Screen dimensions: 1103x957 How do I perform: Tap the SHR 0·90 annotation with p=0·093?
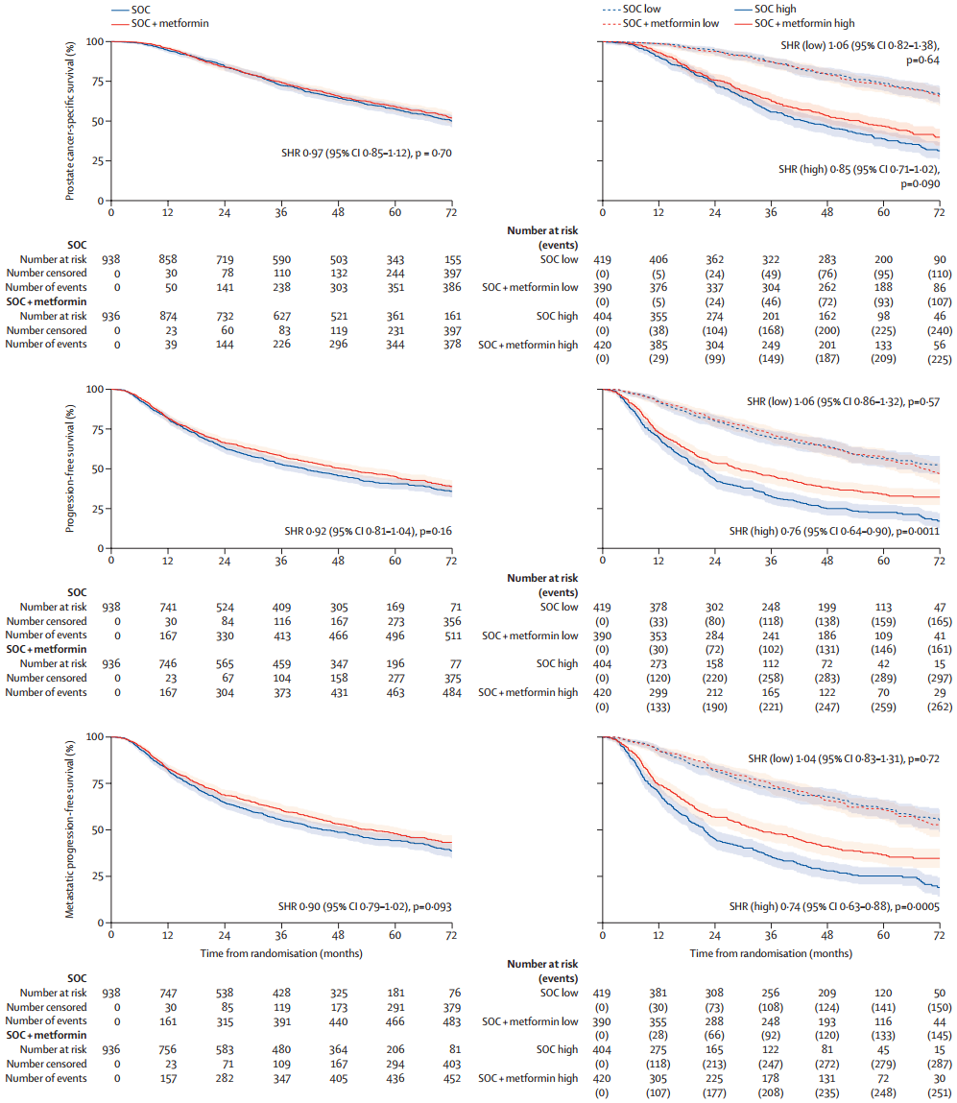point(369,905)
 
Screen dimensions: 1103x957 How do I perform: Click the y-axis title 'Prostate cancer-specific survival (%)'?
point(71,120)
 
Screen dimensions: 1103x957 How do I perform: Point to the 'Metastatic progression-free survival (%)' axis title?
point(71,829)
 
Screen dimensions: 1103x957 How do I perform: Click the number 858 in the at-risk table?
point(168,259)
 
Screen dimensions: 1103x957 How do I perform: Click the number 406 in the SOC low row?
point(658,259)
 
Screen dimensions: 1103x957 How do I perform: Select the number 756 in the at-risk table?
point(168,1049)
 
